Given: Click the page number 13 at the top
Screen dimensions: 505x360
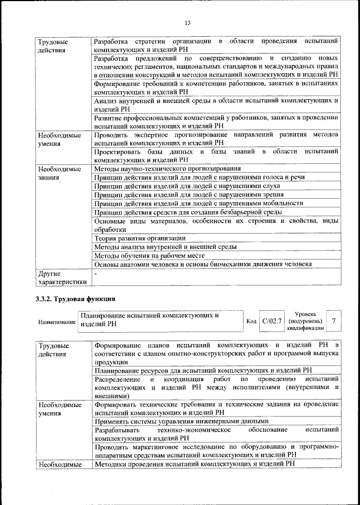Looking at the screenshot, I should tap(188, 23).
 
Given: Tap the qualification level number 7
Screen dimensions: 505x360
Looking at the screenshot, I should tap(334, 320).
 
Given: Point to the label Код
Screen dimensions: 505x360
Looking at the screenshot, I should tap(251, 321).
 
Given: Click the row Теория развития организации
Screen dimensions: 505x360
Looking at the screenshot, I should tap(140, 238).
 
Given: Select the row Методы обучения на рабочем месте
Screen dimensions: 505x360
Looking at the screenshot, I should tap(148, 255).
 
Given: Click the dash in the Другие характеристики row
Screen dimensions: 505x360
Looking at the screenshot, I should tap(96, 274).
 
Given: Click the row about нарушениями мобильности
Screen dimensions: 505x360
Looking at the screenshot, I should tap(199, 203).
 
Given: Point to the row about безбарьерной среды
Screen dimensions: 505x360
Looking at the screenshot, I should tap(188, 212).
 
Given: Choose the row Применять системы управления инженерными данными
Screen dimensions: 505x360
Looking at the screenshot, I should tap(181, 421).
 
